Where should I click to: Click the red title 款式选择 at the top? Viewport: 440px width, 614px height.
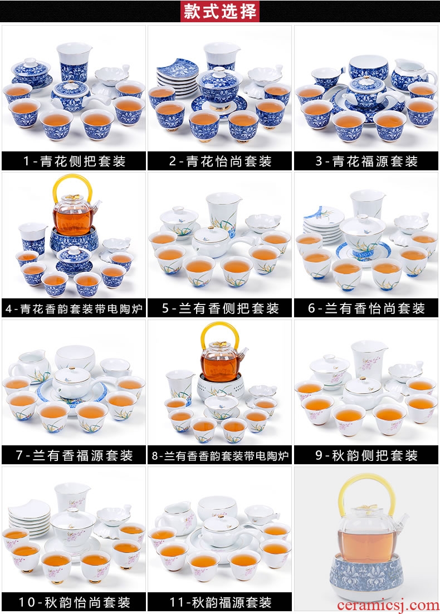(219, 11)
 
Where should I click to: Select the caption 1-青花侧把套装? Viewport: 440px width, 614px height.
(74, 161)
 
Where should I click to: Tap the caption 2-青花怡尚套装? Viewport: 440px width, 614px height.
(220, 161)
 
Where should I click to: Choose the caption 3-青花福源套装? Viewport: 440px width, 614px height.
(366, 161)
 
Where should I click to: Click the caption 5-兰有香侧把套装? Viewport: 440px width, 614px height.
(220, 308)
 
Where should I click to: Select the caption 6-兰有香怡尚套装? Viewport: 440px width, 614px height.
(366, 308)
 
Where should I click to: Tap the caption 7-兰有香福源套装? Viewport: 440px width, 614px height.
(74, 455)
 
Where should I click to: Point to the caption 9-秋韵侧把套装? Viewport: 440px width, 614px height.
(366, 455)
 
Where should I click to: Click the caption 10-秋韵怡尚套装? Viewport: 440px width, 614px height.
(74, 602)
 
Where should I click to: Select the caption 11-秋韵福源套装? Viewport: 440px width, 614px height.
(220, 602)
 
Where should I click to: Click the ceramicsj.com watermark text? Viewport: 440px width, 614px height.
(388, 606)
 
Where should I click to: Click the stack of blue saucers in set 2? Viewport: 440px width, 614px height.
(176, 78)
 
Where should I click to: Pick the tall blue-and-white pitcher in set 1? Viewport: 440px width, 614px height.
(74, 63)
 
